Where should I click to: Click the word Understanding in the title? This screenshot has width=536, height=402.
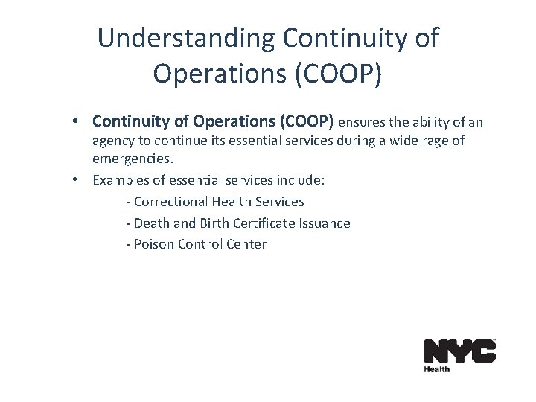point(185,39)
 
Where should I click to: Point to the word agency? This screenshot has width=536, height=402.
point(112,141)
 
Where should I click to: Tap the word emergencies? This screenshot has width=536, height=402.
point(131,159)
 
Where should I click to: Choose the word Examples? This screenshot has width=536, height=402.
point(120,180)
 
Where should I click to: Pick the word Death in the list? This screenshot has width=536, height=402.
point(151,223)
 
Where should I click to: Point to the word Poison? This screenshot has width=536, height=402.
point(154,244)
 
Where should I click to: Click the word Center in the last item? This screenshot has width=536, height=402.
point(246,244)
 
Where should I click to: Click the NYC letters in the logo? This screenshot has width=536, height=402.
point(459,351)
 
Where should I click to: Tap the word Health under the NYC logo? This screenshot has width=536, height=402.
point(437,368)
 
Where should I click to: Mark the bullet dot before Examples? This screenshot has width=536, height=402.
point(77,180)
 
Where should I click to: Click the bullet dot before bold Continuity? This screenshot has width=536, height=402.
point(77,121)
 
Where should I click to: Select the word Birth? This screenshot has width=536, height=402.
point(214,223)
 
